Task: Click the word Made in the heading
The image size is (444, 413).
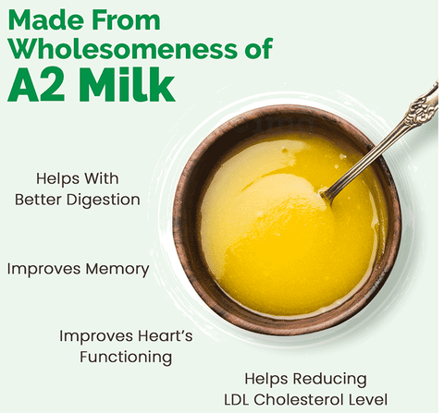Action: pos(46,19)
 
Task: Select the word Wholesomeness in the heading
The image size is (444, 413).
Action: pos(123,49)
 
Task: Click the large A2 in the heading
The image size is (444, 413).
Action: pos(37,86)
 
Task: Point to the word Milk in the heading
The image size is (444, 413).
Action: pos(128,84)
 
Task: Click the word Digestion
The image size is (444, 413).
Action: pos(104,200)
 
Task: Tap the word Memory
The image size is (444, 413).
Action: pos(117,270)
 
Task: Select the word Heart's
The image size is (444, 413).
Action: pos(165,335)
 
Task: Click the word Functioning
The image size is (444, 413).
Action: pos(126,358)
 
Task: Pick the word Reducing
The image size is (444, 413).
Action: pos(330,379)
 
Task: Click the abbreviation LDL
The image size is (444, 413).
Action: pos(237,399)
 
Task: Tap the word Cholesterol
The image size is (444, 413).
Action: pos(298,399)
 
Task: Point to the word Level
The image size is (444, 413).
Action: pos(367,399)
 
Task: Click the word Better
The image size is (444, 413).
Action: pos(38,200)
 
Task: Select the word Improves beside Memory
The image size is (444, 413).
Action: pos(44,270)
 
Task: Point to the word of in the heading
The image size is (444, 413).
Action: pos(259,49)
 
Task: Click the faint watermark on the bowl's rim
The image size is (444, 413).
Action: pos(275,124)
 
